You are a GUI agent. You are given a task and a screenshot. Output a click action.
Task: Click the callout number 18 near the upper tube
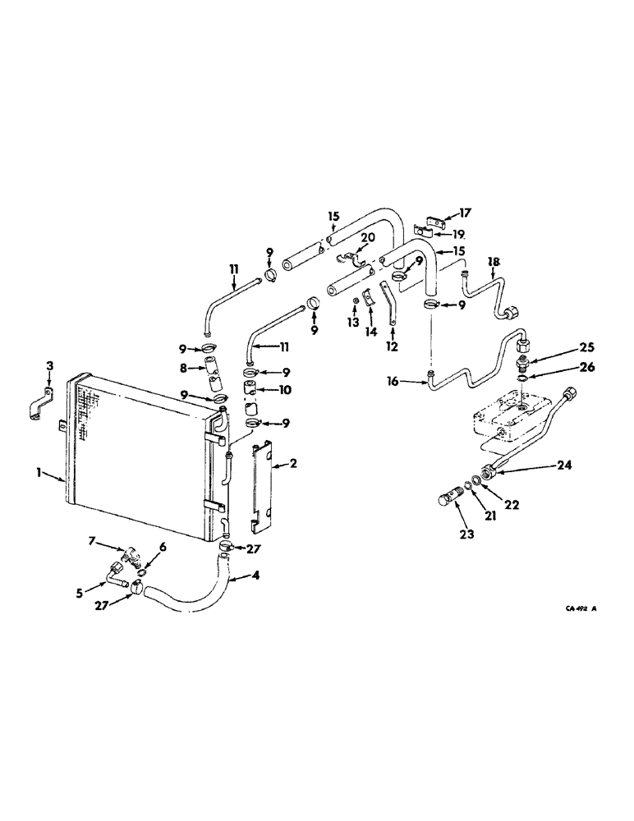point(492,262)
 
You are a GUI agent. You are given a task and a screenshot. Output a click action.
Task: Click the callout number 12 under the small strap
point(392,346)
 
